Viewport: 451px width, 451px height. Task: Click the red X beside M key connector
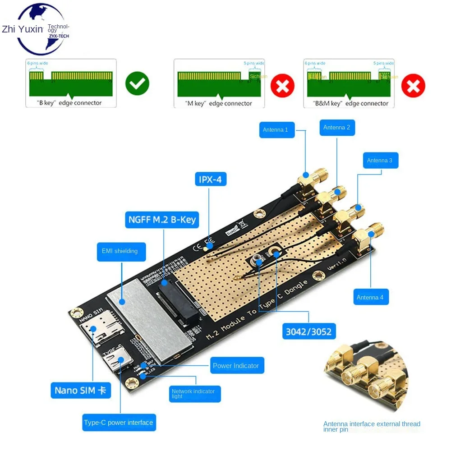(282, 85)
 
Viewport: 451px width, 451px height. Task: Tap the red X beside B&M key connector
(413, 85)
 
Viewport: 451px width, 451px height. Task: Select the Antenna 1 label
(275, 130)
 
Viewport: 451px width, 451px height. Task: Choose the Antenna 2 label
(336, 128)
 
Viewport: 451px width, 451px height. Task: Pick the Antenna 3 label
(380, 160)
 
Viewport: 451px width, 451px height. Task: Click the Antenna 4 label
(370, 297)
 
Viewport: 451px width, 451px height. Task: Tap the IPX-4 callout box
(210, 179)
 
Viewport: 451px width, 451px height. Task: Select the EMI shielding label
(121, 251)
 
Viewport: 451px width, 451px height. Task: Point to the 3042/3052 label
(308, 332)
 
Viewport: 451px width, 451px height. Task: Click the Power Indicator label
(236, 365)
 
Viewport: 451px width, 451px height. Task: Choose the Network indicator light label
(194, 393)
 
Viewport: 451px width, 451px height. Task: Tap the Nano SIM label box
(80, 391)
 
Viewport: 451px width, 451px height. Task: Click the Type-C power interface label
(119, 423)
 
